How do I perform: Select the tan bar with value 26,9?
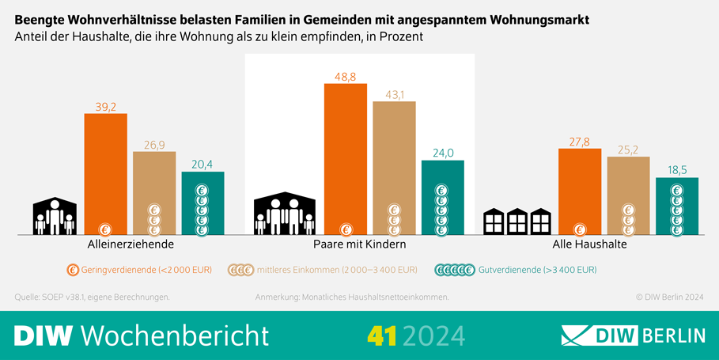(x=154, y=193)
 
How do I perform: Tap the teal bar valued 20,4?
(x=202, y=203)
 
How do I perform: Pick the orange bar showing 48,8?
(x=346, y=159)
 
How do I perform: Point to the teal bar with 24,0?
(x=443, y=197)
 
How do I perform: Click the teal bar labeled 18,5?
(x=677, y=206)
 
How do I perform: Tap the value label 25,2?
(x=628, y=149)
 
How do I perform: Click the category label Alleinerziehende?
(x=131, y=244)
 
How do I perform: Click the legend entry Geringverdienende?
(x=139, y=270)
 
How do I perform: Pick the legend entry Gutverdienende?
(x=516, y=270)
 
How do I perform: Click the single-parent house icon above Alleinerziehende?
(x=55, y=216)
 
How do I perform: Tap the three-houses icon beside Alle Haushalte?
(x=517, y=222)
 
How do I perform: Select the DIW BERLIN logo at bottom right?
(x=633, y=335)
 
